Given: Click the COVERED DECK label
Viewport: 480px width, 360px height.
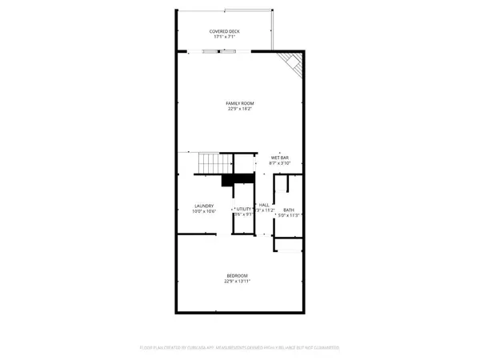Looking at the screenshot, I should pyautogui.click(x=226, y=31).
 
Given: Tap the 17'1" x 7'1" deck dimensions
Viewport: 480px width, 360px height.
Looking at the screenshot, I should pyautogui.click(x=226, y=37).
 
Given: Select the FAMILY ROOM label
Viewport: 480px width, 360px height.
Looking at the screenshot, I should pyautogui.click(x=239, y=103).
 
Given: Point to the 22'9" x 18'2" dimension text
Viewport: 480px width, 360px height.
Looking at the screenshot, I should pyautogui.click(x=239, y=110).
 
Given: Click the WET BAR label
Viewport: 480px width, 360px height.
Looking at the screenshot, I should pyautogui.click(x=279, y=158).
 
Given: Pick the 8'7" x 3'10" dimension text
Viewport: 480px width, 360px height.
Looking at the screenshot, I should pyautogui.click(x=279, y=163).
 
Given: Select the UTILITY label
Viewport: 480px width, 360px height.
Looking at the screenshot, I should pyautogui.click(x=244, y=208).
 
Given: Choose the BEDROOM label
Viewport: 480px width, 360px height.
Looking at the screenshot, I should pyautogui.click(x=239, y=276).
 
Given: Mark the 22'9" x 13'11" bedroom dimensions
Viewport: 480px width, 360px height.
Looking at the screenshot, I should pyautogui.click(x=239, y=282).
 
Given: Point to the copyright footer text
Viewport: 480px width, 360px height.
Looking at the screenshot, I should pyautogui.click(x=239, y=349).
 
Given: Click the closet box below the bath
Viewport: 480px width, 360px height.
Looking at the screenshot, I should pyautogui.click(x=290, y=244).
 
